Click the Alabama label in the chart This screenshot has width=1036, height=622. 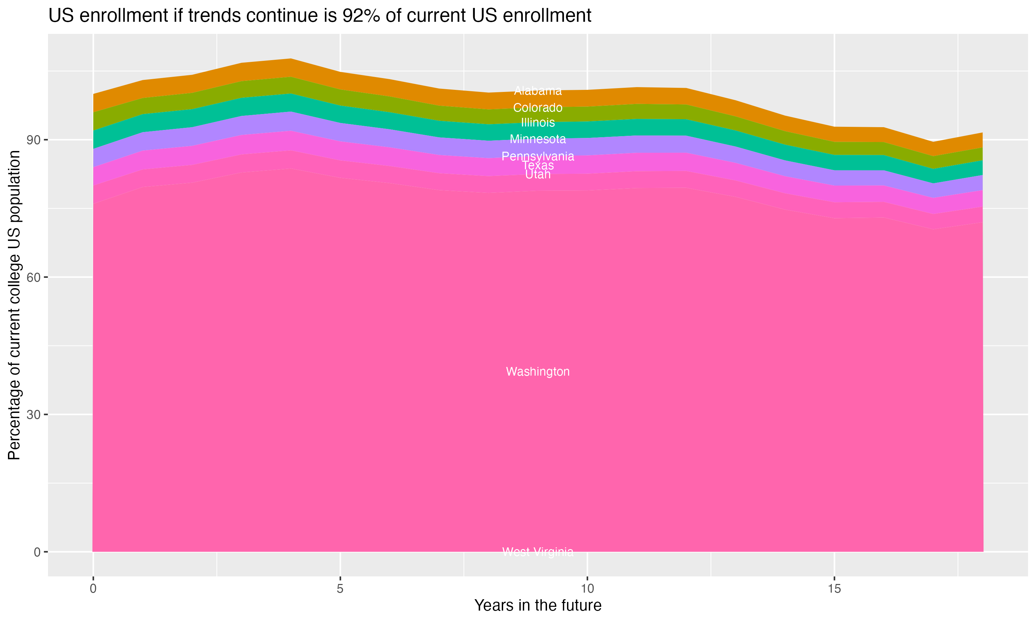point(538,91)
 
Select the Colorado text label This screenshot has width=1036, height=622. point(538,108)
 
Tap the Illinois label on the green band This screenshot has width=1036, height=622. point(538,122)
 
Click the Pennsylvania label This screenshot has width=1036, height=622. point(538,156)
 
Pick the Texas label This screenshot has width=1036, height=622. point(538,166)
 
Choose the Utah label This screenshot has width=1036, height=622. point(538,175)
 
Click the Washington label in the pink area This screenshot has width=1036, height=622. point(538,372)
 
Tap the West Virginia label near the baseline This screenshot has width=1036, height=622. point(538,552)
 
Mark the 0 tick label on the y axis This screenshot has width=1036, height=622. point(37,552)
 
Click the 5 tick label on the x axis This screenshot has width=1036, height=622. point(340,589)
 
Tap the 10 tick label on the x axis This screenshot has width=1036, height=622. point(587,589)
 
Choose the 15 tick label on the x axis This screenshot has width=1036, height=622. point(834,589)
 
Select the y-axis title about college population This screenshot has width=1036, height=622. point(14,305)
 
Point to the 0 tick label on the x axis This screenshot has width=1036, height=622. point(93,589)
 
